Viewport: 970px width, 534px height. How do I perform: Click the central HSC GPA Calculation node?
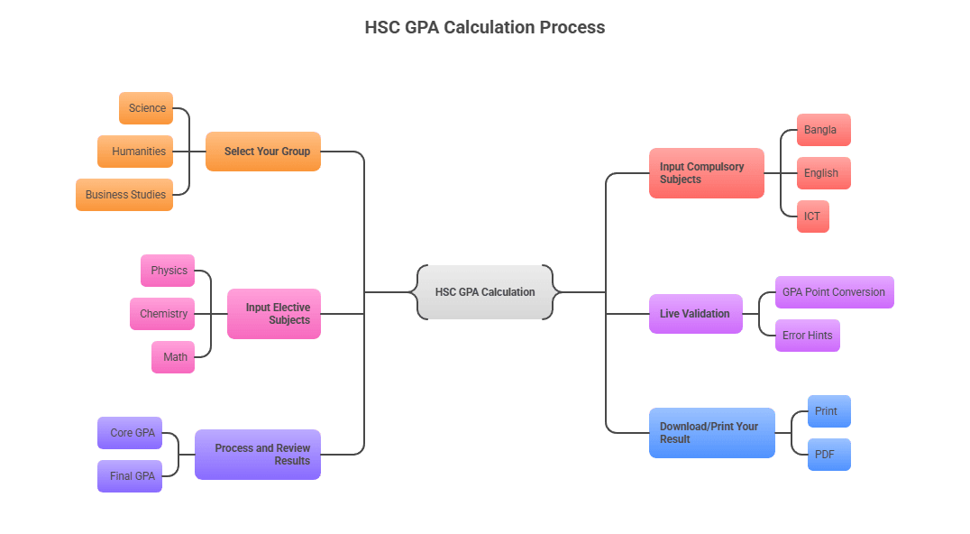(485, 292)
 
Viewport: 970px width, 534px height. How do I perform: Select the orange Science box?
(146, 108)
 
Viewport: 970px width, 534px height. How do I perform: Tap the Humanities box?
(135, 152)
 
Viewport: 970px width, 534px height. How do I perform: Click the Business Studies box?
(124, 195)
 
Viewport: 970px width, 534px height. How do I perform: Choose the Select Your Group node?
(263, 152)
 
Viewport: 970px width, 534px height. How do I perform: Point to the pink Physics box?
(168, 271)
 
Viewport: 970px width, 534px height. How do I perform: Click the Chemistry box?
(162, 314)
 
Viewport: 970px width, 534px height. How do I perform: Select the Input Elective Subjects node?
(274, 314)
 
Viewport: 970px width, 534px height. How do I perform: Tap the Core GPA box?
(130, 433)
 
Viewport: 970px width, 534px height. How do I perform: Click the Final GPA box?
(130, 476)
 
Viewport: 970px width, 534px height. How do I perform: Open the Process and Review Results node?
(258, 455)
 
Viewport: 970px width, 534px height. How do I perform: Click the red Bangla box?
(823, 130)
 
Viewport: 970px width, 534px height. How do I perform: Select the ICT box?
(812, 216)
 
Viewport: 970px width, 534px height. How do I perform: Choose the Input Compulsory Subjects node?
(706, 173)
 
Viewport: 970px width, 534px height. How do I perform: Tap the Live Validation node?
(695, 314)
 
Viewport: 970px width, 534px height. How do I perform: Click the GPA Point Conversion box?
(834, 292)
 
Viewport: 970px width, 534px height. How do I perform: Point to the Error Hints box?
(807, 336)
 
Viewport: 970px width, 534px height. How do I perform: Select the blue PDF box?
(828, 455)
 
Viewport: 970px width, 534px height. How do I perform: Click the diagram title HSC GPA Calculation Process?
(485, 27)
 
